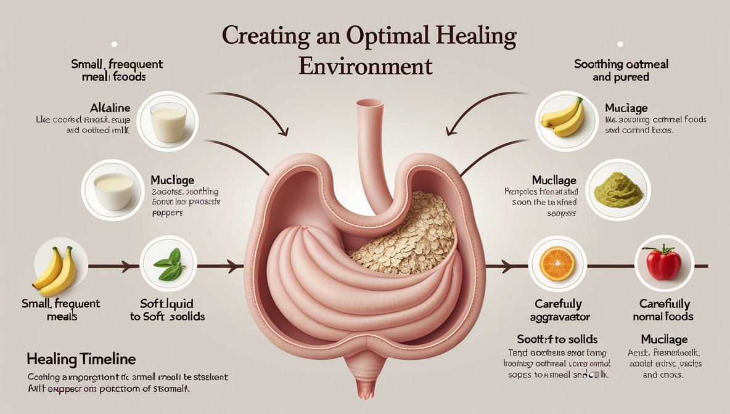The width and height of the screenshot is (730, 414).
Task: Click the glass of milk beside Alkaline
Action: (x=168, y=121)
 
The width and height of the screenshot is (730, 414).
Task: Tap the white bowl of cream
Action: (x=113, y=189)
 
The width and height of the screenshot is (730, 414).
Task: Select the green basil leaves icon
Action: (x=168, y=266)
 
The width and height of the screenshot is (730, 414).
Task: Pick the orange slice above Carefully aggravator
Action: (x=557, y=264)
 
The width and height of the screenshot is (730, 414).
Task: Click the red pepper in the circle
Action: (x=663, y=263)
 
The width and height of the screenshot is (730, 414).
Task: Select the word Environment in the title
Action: (x=365, y=66)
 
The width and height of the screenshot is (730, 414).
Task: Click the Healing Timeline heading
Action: (x=81, y=359)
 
